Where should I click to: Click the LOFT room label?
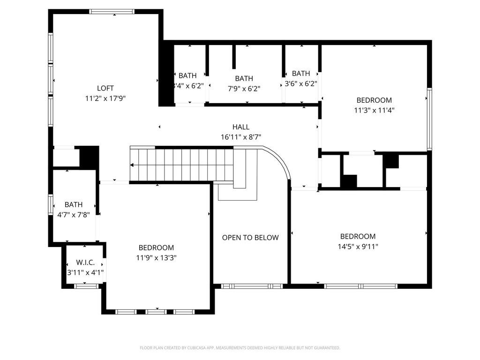tap(105, 88)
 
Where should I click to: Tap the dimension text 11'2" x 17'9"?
tap(105, 98)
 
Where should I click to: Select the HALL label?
tap(241, 127)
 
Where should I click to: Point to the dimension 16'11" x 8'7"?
tap(241, 137)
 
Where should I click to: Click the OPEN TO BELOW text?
tap(250, 238)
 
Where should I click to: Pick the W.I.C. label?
tap(85, 262)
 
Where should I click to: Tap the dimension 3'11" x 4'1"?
tap(85, 272)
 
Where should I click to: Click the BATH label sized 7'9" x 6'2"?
tap(244, 78)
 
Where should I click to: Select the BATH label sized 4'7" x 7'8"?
tap(74, 204)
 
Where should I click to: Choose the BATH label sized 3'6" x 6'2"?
tap(301, 74)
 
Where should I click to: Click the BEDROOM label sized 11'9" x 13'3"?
tap(156, 247)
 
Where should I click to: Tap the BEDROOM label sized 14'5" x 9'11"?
tap(358, 236)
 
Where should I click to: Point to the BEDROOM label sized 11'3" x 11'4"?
tap(374, 100)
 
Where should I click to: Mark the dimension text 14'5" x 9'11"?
tap(358, 247)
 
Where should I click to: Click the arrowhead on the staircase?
tap(132, 165)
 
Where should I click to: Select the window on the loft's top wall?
tap(112, 12)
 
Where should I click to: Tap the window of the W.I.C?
tap(86, 286)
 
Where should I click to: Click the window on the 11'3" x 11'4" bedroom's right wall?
tap(429, 119)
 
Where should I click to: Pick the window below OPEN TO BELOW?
tap(252, 286)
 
